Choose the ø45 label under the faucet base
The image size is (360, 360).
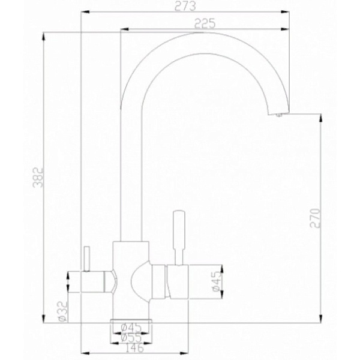pyautogui.click(x=130, y=328)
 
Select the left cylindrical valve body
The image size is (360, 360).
pyautogui.click(x=96, y=281)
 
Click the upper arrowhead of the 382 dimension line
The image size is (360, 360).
pyautogui.click(x=44, y=34)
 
